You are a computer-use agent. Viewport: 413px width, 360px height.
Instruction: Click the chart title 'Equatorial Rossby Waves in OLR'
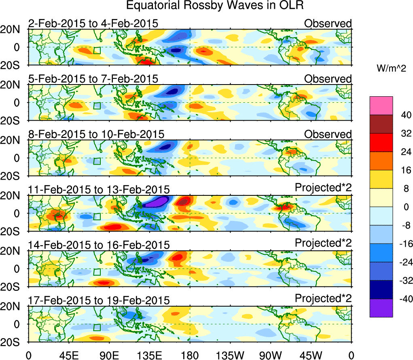(x=215, y=6)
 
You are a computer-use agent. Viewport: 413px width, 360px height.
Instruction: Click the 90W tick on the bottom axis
(x=271, y=355)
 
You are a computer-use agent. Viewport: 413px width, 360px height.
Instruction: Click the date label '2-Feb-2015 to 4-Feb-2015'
(x=93, y=24)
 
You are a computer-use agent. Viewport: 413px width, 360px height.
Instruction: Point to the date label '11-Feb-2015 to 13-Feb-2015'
(x=99, y=190)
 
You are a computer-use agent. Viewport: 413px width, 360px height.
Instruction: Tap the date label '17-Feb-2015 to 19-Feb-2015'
(x=99, y=301)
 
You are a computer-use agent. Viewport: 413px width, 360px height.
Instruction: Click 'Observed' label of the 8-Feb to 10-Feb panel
(x=328, y=134)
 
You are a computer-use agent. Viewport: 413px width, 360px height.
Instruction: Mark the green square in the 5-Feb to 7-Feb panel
(x=97, y=106)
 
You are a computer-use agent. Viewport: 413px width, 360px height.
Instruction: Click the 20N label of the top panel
(x=13, y=30)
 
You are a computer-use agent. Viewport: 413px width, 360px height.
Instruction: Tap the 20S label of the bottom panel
(x=13, y=342)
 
